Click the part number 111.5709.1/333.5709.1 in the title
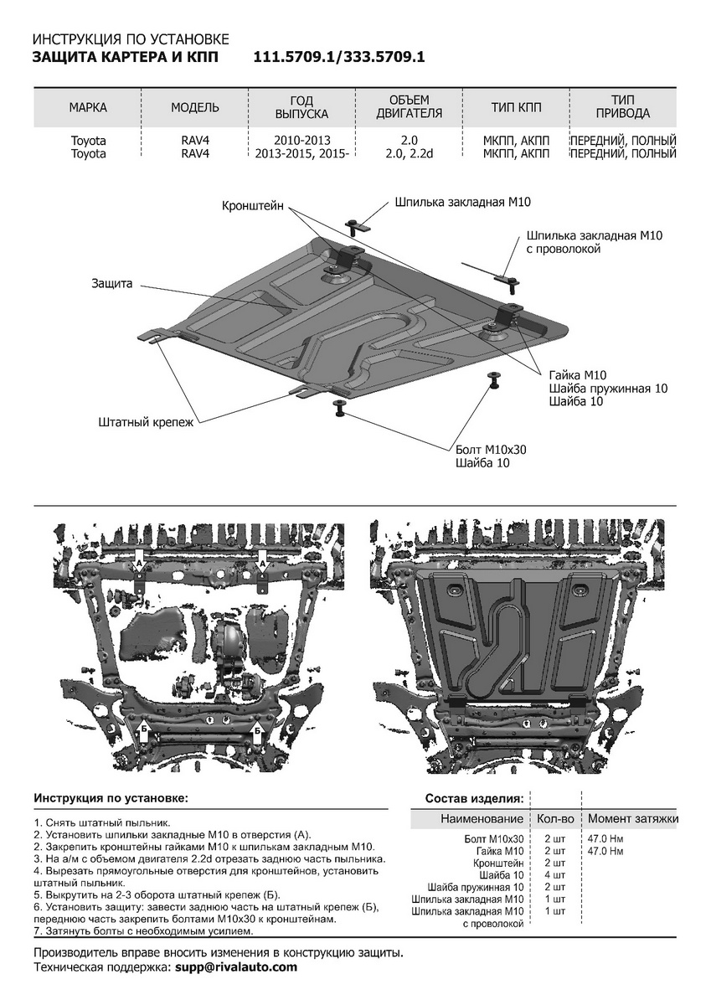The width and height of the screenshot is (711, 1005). click(340, 57)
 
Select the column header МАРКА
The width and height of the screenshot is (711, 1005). click(88, 107)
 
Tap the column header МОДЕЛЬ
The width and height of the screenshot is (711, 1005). click(195, 107)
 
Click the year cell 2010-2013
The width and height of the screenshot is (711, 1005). click(301, 141)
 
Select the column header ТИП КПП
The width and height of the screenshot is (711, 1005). click(516, 107)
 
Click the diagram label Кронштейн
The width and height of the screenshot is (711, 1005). click(254, 205)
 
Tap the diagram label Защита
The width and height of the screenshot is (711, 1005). click(112, 284)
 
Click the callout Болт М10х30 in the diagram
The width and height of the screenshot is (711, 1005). click(491, 449)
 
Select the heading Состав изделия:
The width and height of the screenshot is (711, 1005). click(475, 798)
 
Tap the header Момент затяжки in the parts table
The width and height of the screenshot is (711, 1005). click(632, 818)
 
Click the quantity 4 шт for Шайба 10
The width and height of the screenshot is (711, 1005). click(554, 875)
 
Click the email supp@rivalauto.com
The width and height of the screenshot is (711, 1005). click(236, 966)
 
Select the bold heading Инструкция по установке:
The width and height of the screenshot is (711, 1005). click(111, 798)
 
